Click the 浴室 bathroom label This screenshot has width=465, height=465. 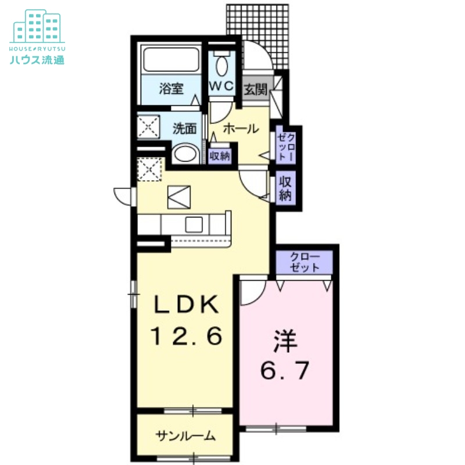click(171, 89)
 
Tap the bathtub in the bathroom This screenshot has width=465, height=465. click(172, 61)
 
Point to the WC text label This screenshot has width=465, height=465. click(221, 86)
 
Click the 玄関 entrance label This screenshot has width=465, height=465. click(255, 90)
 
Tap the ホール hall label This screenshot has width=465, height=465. click(240, 128)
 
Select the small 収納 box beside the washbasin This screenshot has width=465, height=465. click(220, 155)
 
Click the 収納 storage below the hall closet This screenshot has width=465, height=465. click(285, 188)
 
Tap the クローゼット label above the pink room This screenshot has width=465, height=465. click(305, 262)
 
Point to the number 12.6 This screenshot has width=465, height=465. click(187, 337)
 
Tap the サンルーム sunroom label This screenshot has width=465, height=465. click(185, 435)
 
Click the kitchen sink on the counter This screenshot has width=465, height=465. click(194, 224)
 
